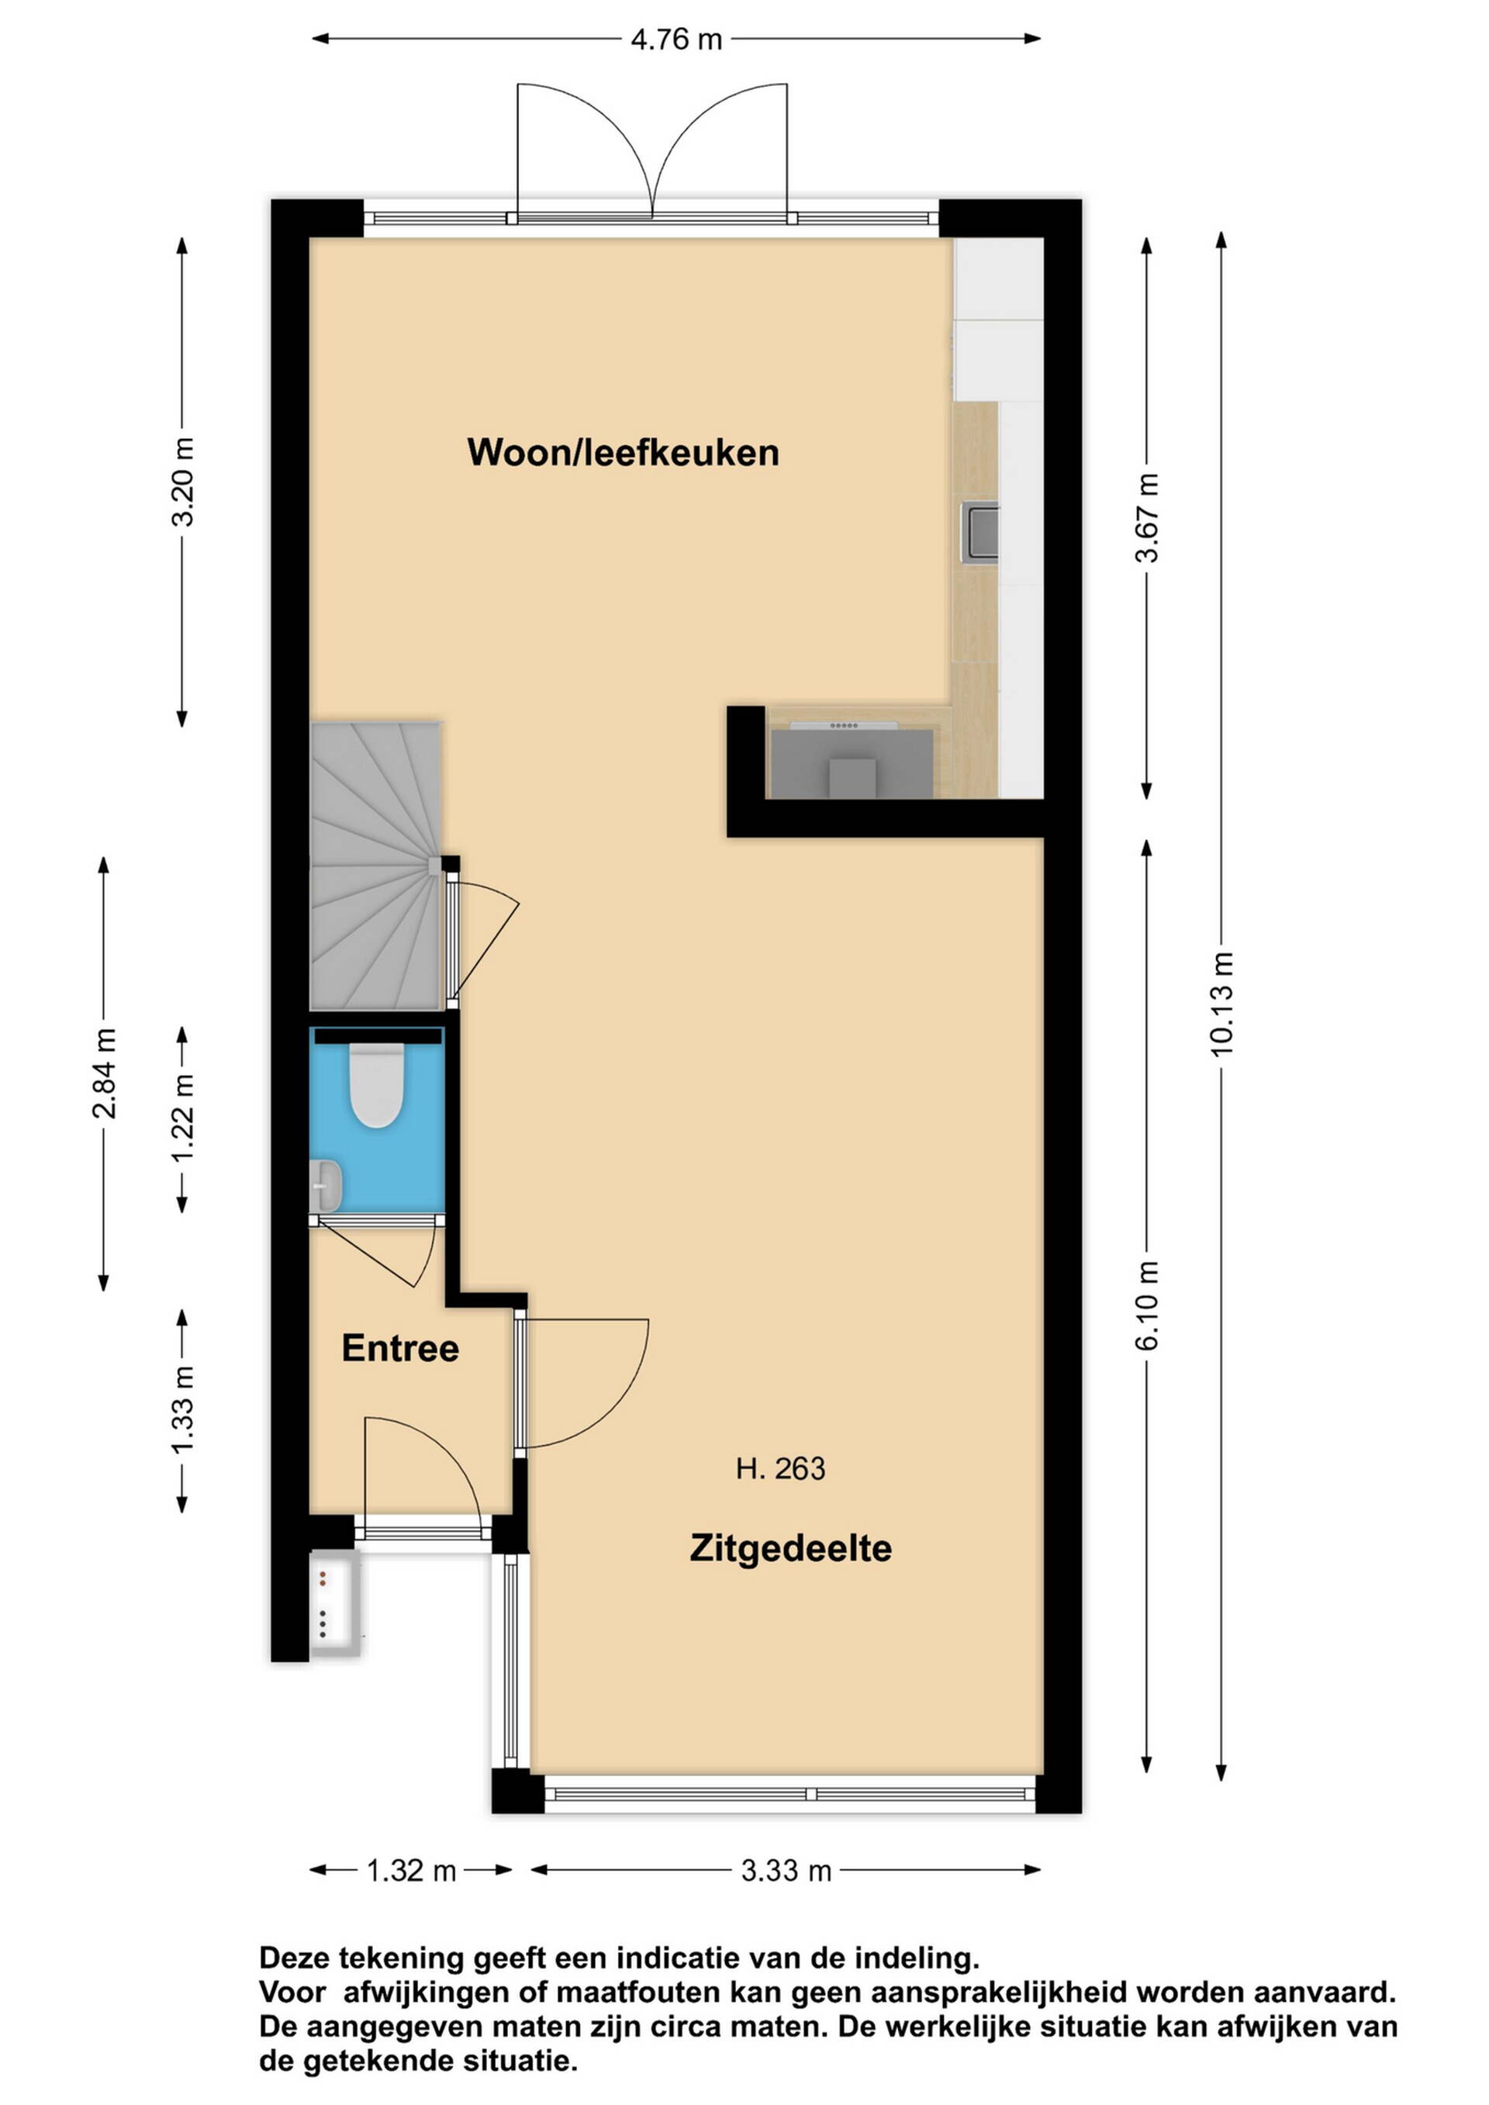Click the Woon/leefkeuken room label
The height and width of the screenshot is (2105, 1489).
coord(623,453)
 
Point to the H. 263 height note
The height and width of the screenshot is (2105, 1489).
coord(780,1469)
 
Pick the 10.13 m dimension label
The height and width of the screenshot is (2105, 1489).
coord(1221,1004)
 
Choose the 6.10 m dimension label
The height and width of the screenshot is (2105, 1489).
coord(1147,1305)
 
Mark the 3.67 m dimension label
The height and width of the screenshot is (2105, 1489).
coord(1147,518)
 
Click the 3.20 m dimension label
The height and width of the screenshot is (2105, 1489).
coord(182,482)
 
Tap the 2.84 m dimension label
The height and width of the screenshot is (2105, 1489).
coord(104,1073)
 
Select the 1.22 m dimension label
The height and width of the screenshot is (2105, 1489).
coord(182,1117)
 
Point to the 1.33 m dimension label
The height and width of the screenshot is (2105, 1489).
coord(182,1410)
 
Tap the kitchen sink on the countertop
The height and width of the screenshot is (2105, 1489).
coord(979,532)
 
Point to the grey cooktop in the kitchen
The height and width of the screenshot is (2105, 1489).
coord(852,762)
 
